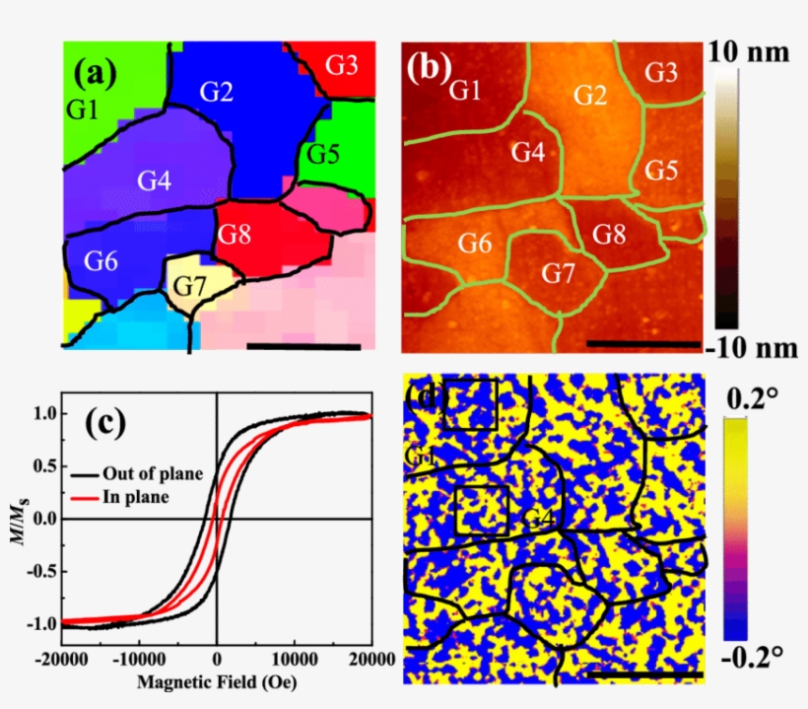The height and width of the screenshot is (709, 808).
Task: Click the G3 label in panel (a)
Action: pyautogui.click(x=341, y=66)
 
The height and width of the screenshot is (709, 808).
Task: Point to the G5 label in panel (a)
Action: pyautogui.click(x=322, y=155)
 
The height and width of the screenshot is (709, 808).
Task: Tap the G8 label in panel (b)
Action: pyautogui.click(x=609, y=235)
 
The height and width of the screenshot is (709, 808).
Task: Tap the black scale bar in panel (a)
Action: pyautogui.click(x=303, y=345)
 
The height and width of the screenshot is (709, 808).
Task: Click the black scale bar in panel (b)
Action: pyautogui.click(x=642, y=344)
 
